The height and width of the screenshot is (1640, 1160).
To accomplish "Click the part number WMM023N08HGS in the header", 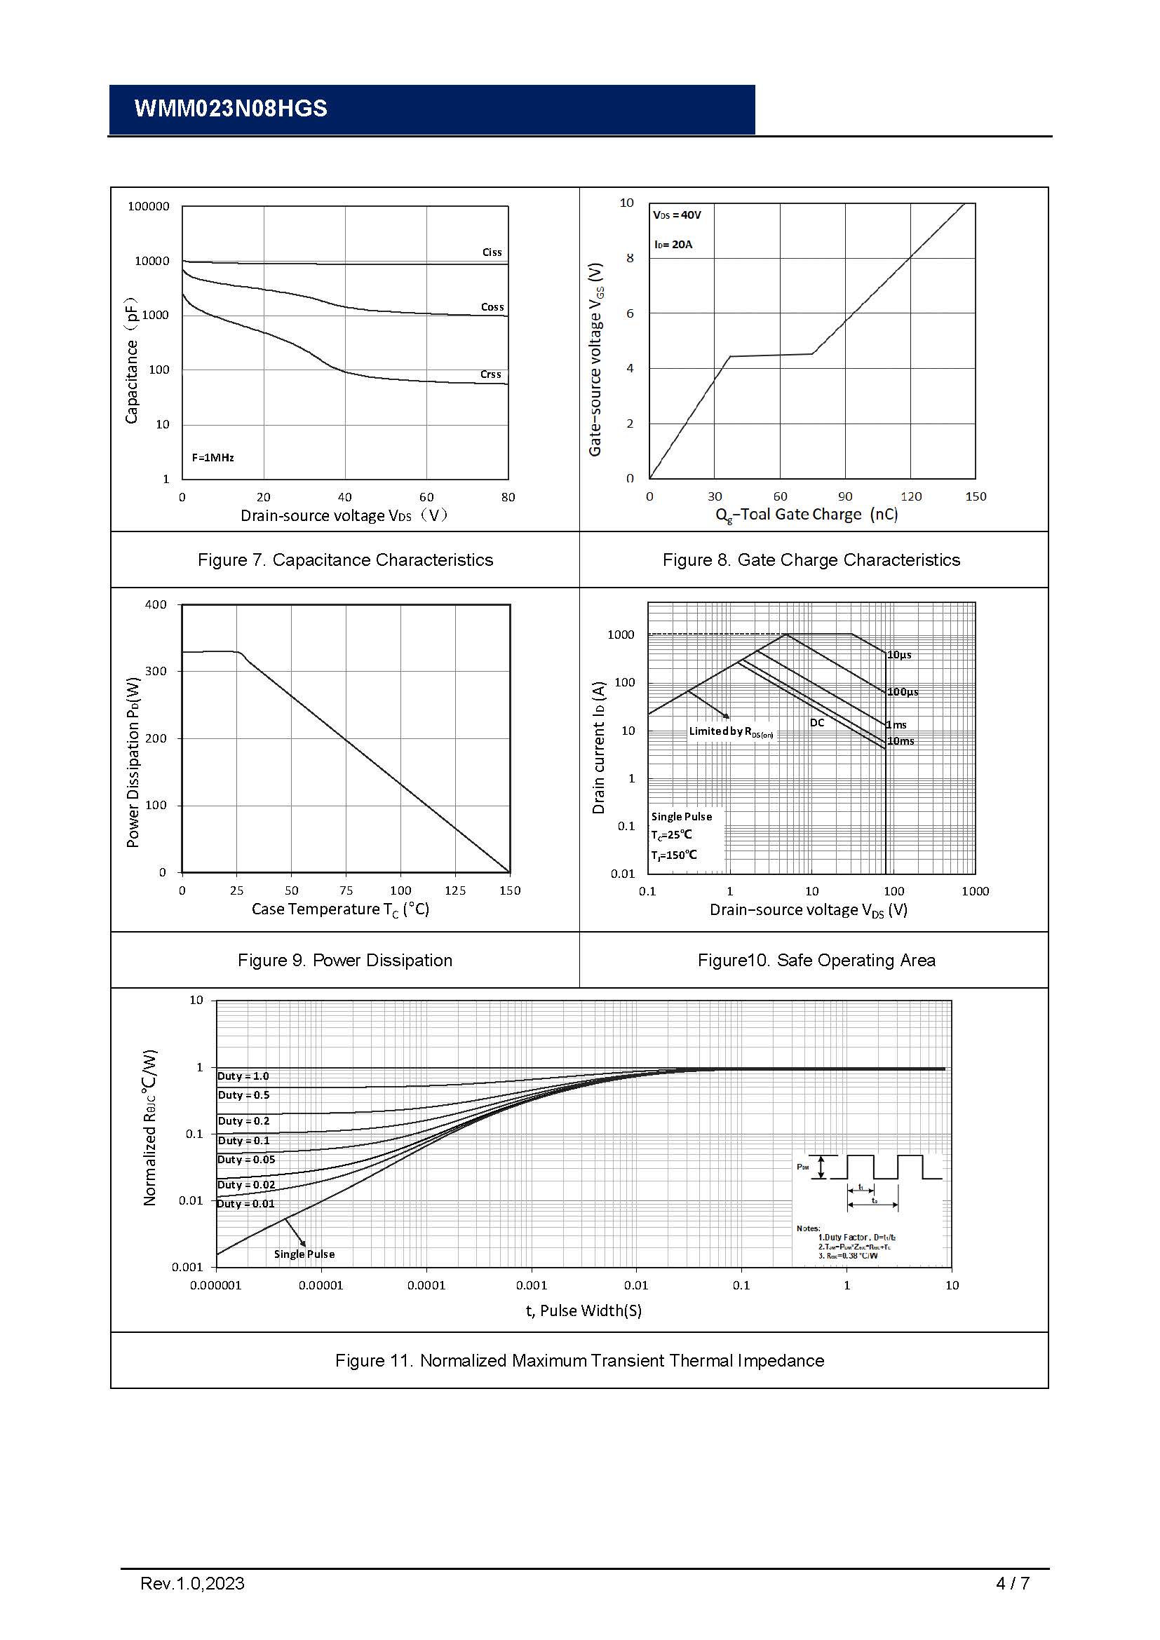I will pyautogui.click(x=231, y=109).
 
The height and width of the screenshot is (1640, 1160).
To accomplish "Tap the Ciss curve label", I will pyautogui.click(x=492, y=252).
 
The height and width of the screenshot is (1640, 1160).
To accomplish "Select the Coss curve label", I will pyautogui.click(x=492, y=307).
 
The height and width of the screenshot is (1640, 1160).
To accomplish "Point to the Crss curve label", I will pyautogui.click(x=491, y=374).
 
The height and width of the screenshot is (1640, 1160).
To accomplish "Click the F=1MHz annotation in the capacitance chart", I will pyautogui.click(x=213, y=457).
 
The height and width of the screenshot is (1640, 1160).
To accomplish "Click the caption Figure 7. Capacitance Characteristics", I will pyautogui.click(x=345, y=560).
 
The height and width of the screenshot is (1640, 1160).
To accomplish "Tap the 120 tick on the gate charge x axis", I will pyautogui.click(x=911, y=496).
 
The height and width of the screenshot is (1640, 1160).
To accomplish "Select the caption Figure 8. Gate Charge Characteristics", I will pyautogui.click(x=811, y=560).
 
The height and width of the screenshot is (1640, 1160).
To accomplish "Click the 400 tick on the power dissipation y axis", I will pyautogui.click(x=156, y=604).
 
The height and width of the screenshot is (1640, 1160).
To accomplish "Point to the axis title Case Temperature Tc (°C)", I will pyautogui.click(x=340, y=909).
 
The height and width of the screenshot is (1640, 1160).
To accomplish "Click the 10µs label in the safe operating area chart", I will pyautogui.click(x=899, y=655).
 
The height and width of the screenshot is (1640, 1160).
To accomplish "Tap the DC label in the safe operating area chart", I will pyautogui.click(x=817, y=723).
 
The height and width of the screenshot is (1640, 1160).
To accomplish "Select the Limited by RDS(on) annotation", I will pyautogui.click(x=730, y=731).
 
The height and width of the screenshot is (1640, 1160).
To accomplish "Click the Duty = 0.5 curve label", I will pyautogui.click(x=243, y=1095).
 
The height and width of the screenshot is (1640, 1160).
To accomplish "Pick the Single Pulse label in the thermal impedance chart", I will pyautogui.click(x=304, y=1254).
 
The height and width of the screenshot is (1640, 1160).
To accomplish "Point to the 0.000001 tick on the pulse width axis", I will pyautogui.click(x=216, y=1286).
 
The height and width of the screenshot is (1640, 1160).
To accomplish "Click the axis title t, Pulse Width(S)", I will pyautogui.click(x=584, y=1310).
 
